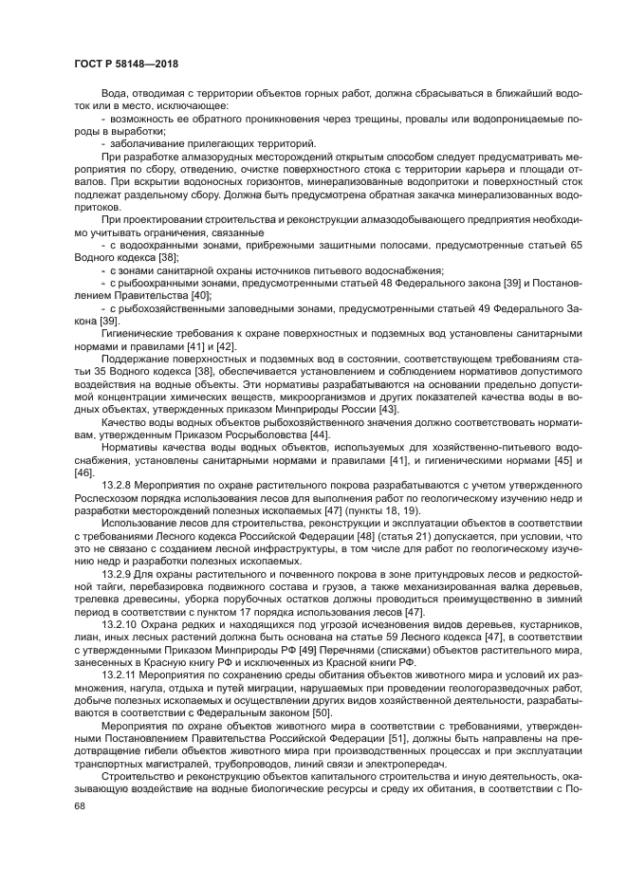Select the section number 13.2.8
(x=118, y=485)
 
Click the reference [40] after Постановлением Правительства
(x=199, y=296)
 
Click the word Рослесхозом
(x=109, y=497)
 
